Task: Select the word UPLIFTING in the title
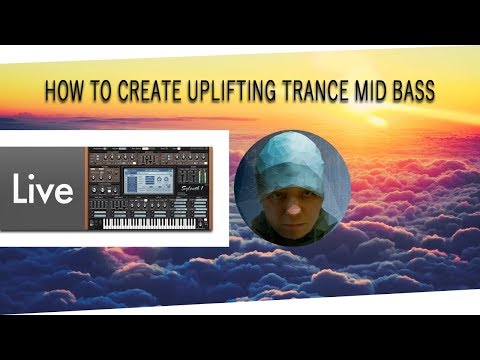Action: click(227, 92)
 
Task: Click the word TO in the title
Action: click(98, 92)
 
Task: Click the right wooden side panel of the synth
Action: click(219, 190)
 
